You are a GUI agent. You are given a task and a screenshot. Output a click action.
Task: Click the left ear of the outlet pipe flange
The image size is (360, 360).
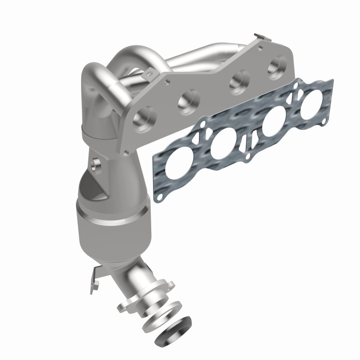click(x=124, y=306)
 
